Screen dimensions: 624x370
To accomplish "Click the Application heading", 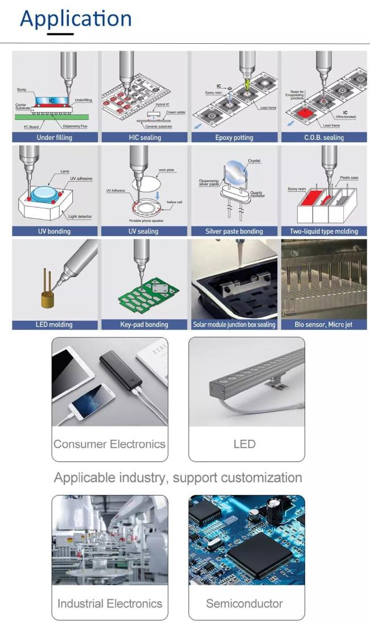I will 76,18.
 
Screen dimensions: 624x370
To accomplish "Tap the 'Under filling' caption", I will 55,138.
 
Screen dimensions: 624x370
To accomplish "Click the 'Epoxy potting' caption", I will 234,138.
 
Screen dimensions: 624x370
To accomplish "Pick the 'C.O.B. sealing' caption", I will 323,138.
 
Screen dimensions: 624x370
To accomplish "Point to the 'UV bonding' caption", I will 54,232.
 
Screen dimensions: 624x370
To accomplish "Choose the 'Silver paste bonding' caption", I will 234,232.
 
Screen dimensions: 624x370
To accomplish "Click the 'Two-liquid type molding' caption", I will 323,232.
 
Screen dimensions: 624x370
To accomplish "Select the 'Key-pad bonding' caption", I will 143,325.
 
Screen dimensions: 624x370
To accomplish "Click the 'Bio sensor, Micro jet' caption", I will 323,325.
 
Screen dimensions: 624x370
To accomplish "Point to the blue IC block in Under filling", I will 51,100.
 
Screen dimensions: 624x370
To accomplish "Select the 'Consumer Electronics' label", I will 109,444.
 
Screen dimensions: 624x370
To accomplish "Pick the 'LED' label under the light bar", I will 245,444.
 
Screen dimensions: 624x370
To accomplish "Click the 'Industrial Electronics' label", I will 110,604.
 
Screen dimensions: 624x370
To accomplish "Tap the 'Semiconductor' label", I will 244,604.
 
